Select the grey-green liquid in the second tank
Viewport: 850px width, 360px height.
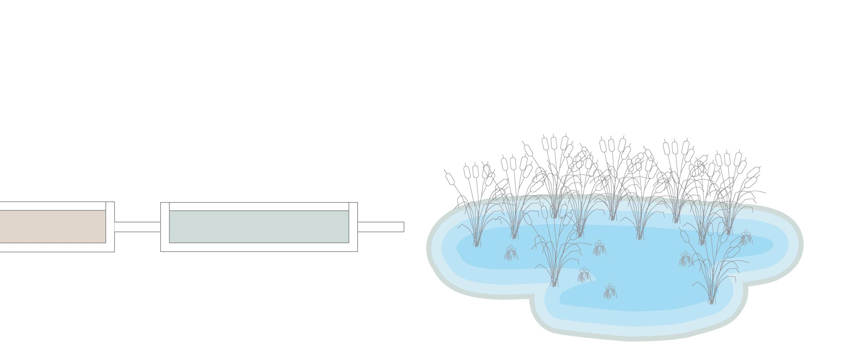click(259, 226)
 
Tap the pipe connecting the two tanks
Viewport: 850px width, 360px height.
click(138, 227)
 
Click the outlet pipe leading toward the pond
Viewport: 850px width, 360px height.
click(380, 227)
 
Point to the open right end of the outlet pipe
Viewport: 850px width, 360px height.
click(403, 227)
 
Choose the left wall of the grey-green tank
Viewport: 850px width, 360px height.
click(165, 227)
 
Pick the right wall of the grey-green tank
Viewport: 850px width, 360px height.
click(353, 227)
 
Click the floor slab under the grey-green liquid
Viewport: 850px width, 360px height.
click(259, 247)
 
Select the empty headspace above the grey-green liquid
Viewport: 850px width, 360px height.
click(259, 207)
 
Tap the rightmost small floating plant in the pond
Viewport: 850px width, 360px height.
click(746, 238)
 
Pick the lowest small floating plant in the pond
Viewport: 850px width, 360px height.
click(610, 292)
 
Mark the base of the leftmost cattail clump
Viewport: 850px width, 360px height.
click(477, 245)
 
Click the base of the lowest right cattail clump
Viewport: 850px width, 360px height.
click(712, 301)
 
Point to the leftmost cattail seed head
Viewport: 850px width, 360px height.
click(450, 179)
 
